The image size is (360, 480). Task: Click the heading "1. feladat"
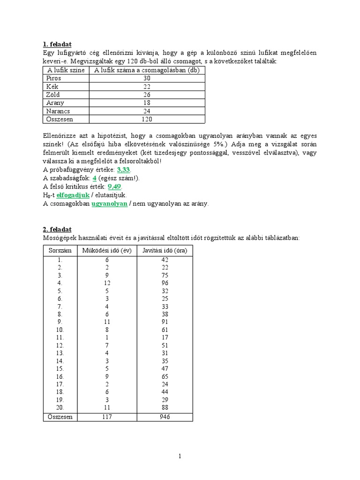click(57, 45)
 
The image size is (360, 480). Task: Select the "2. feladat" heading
click(57, 229)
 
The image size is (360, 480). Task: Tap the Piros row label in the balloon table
click(54, 78)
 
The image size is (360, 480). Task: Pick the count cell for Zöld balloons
click(147, 95)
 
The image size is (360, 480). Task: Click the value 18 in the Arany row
click(147, 103)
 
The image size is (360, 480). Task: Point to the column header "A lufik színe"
click(66, 70)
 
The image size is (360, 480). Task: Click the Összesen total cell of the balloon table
click(147, 119)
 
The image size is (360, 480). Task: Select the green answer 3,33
click(123, 170)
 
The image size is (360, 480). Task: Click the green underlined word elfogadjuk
click(73, 195)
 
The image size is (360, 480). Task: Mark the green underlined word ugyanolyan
click(110, 203)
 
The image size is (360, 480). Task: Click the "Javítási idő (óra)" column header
click(164, 250)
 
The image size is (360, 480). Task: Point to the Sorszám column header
click(60, 250)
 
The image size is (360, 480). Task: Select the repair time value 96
click(164, 283)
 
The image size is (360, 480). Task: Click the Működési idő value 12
click(107, 283)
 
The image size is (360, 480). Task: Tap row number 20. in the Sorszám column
click(60, 408)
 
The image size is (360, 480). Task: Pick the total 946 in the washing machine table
click(164, 416)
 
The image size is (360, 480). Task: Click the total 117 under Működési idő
click(107, 416)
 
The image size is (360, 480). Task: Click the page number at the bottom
click(180, 456)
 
